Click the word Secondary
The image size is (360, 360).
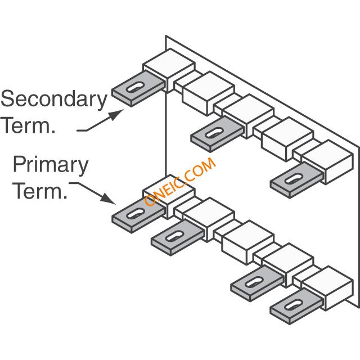[54, 100]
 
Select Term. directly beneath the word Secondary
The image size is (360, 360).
[28, 125]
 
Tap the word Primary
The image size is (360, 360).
[51, 166]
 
